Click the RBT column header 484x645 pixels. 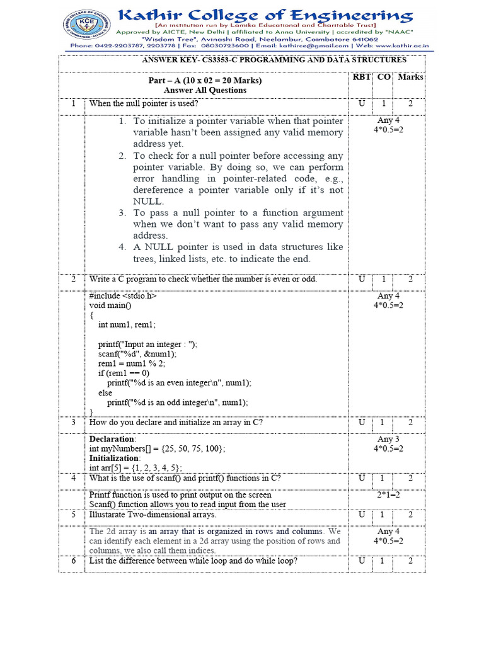pos(361,77)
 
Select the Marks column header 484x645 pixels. pos(410,77)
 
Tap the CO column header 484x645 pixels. pos(384,77)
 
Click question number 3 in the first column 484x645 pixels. pos(73,423)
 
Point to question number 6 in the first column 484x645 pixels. pos(73,561)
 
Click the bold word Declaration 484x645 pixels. pos(112,438)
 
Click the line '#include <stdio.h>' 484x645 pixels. pos(123,295)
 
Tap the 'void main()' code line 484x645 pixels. pos(109,305)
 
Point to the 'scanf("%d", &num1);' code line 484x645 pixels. pos(137,354)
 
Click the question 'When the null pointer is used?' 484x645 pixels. pos(144,104)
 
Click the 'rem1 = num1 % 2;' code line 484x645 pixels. pos(132,364)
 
